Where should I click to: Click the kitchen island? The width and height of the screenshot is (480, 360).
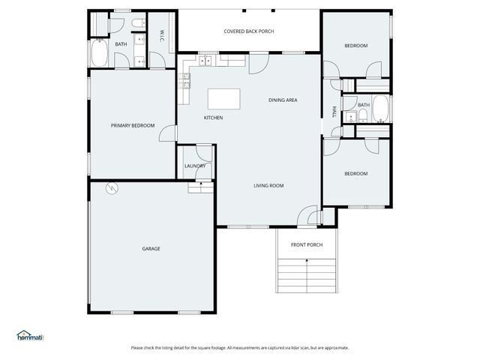point(224,99)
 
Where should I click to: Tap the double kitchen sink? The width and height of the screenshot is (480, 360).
point(206,61)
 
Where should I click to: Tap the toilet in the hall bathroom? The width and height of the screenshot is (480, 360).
point(361,115)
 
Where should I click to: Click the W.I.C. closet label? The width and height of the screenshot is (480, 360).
point(161,35)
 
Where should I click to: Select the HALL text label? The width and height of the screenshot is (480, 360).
point(334,112)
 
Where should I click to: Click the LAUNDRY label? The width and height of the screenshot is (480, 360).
point(195,166)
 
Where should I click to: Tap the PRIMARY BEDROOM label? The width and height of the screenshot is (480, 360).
point(133,125)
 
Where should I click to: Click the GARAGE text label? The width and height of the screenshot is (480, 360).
point(151,248)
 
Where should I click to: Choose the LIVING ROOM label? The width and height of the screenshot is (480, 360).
point(268,185)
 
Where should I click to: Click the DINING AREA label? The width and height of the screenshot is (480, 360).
point(283,100)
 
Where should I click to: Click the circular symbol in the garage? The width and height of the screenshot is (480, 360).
point(112,188)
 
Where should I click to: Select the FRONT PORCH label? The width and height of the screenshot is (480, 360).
point(307,244)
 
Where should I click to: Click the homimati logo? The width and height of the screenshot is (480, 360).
point(30,335)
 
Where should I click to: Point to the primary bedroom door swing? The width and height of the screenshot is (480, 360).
point(169,134)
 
